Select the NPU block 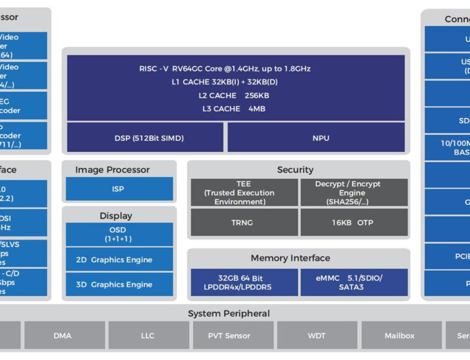point(317,138)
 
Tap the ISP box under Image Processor point(119,189)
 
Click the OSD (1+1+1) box point(119,235)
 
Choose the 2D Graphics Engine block point(119,260)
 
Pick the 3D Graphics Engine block point(119,284)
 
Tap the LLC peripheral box point(148,335)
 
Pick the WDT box point(317,335)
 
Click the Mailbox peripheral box point(400,335)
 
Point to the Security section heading point(295,170)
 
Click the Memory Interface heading point(291,258)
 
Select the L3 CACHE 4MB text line point(235,109)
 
